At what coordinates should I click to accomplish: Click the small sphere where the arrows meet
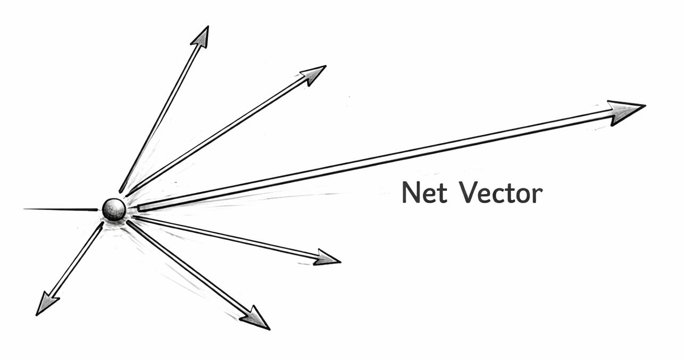[114, 210]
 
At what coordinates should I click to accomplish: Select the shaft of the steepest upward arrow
[162, 112]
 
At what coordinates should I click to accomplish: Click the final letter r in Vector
[538, 195]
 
